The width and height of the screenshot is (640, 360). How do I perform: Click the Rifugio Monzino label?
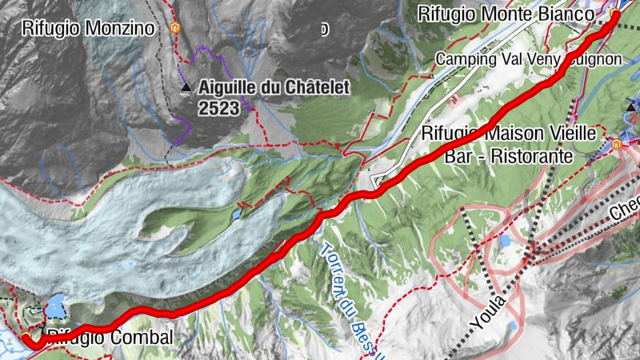point(89,29)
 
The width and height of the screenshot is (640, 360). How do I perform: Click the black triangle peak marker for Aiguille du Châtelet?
point(185,87)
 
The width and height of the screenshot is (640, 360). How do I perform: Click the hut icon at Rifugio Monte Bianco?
point(614,14)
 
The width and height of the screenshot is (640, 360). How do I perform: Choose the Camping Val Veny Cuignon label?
point(528,59)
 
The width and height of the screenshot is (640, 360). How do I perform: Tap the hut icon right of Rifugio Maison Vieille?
point(616,145)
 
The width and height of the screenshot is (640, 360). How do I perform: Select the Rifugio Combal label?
point(110,338)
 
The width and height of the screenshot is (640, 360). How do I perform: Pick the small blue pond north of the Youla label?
point(506,240)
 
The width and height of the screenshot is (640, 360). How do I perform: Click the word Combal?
point(145,338)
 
